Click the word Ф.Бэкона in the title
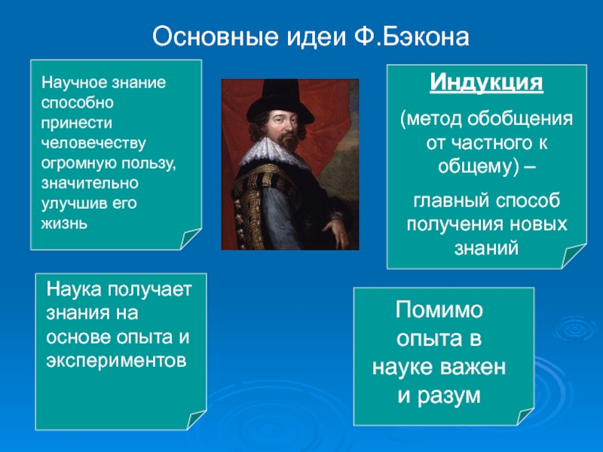pos(411,37)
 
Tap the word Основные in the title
pos(216,37)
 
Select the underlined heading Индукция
pos(486,83)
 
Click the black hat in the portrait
pos(280,101)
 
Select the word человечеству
pos(93,143)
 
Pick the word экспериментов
pos(116,362)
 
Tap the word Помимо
pos(439,310)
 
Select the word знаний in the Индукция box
pos(486,249)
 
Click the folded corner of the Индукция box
pos(574,255)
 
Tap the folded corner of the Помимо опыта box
pos(525,417)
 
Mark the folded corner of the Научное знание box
pos(190,238)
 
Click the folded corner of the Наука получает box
pos(196,420)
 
